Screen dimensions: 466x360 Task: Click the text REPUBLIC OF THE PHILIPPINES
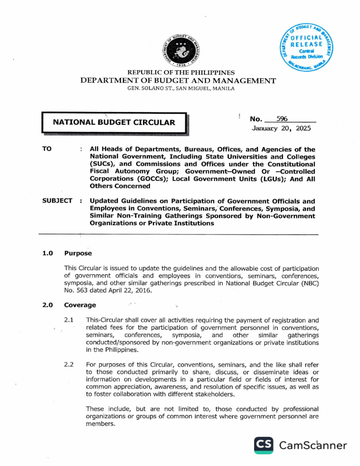click(x=181, y=73)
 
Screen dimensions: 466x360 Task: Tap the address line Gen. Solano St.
click(x=180, y=89)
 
